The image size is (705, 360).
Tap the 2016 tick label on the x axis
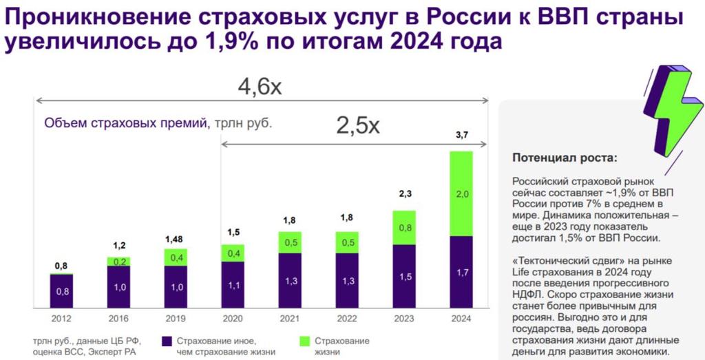point(119,319)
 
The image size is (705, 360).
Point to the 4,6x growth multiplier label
point(260,87)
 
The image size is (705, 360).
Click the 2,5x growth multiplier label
point(357,125)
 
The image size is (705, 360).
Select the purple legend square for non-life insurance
point(166,341)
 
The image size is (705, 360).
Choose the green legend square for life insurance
point(304,341)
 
